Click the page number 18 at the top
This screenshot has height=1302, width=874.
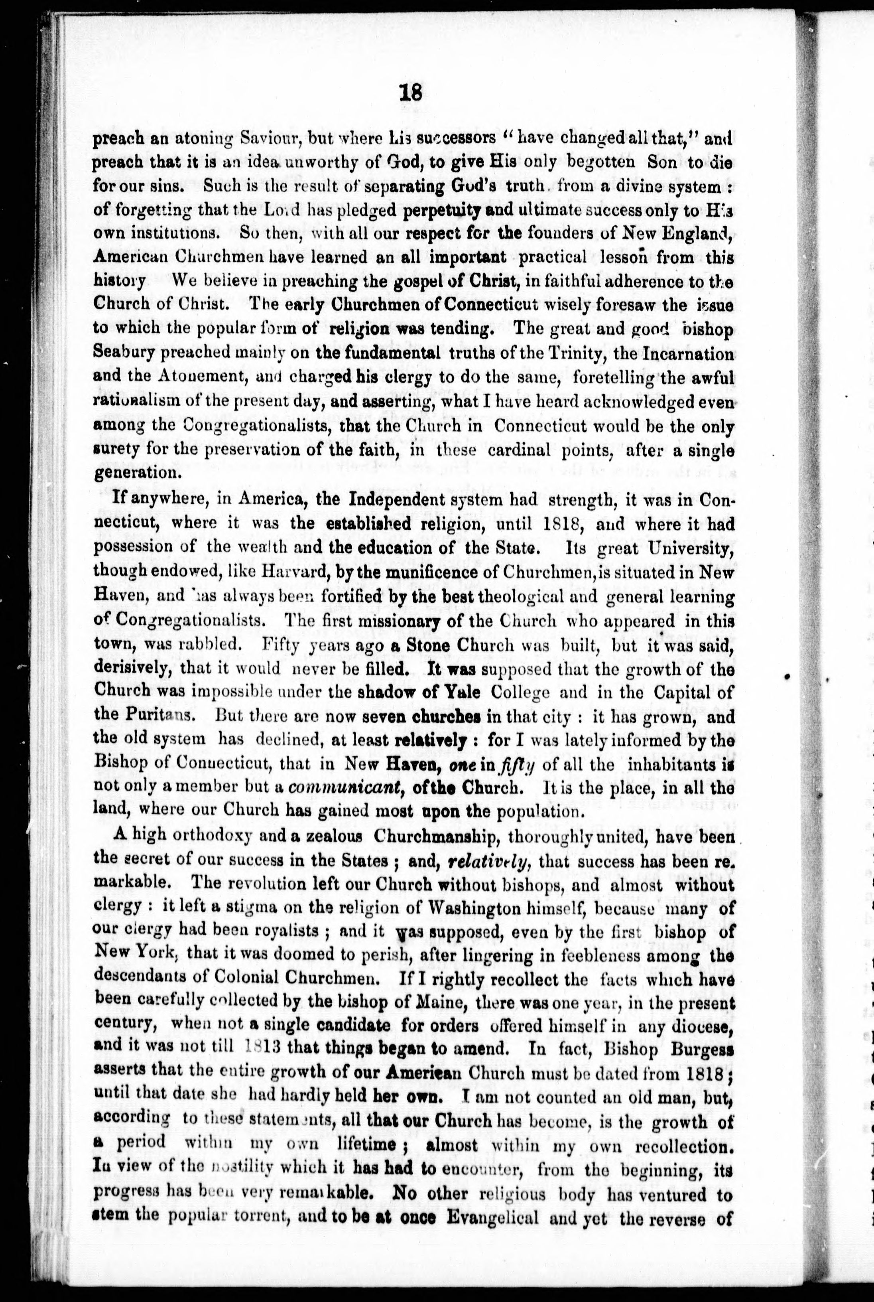411,92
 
